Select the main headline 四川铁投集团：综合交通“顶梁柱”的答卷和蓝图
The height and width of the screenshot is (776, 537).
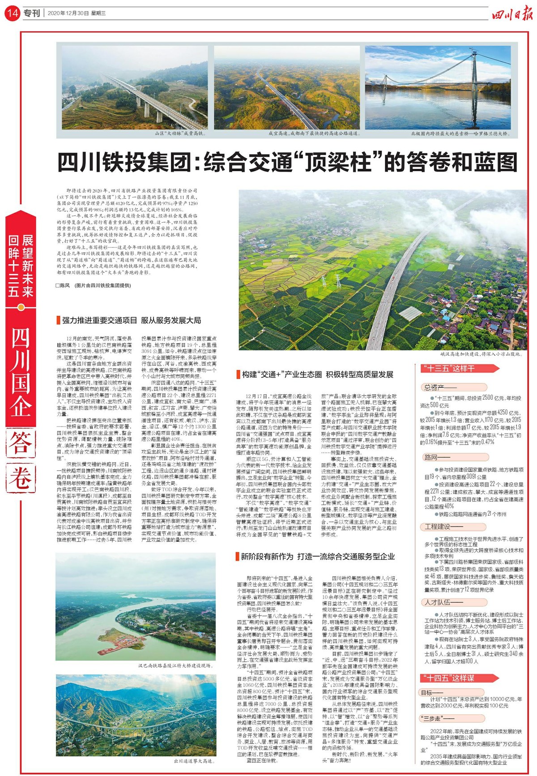pos(287,162)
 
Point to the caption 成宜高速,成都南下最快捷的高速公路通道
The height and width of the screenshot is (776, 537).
pos(313,134)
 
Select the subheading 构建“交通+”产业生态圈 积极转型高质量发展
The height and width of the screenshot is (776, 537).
pos(317,375)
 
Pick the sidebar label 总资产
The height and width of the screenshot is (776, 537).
pos(435,388)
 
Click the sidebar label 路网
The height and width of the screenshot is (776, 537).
pos(431,457)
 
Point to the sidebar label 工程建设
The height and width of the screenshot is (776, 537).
pos(438,527)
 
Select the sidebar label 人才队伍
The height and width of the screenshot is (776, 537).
pos(438,603)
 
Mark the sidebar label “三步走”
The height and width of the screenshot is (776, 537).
pos(431,719)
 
